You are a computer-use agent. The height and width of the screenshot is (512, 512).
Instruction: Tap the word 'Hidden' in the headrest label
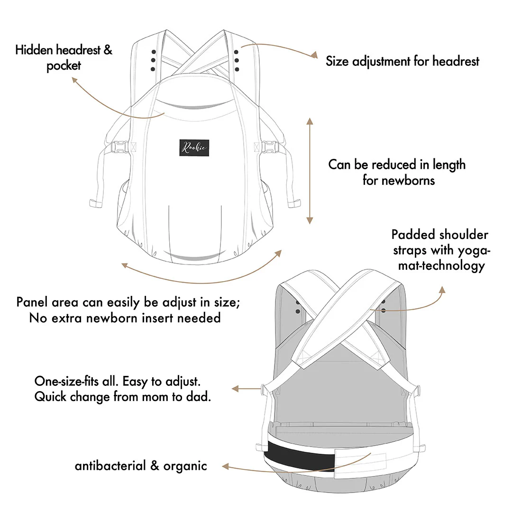click(34, 50)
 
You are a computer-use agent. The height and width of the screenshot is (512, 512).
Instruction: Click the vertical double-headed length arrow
click(310, 171)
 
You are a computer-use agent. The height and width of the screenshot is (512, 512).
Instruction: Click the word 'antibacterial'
click(110, 466)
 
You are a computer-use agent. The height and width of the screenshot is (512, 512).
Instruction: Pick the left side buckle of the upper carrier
click(121, 147)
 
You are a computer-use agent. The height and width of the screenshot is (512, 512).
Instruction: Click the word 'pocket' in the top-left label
click(64, 66)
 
